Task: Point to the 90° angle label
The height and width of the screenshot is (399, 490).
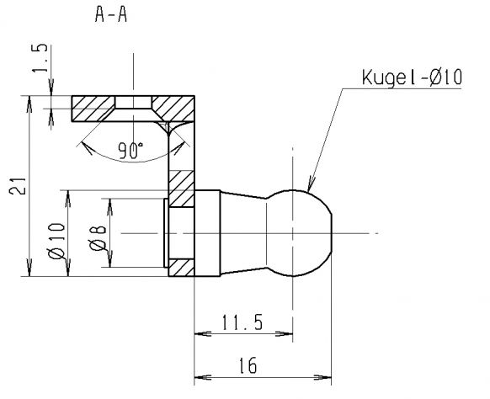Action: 130,151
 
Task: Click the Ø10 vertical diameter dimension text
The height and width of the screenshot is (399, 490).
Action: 58,240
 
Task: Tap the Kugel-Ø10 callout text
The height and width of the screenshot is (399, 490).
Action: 409,78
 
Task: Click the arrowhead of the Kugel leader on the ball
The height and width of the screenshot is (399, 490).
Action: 309,188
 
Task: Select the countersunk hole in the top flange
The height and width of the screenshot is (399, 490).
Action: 134,104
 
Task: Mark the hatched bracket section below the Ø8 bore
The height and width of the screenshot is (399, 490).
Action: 180,269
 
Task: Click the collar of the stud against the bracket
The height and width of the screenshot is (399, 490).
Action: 207,232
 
